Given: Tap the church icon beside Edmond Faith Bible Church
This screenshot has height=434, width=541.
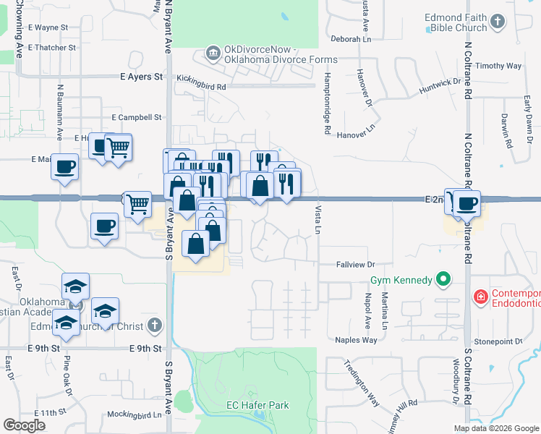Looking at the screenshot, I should pyautogui.click(x=497, y=22).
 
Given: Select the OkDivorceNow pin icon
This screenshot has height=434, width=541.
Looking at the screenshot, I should pyautogui.click(x=213, y=52).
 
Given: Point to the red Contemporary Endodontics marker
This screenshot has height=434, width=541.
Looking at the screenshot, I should pyautogui.click(x=479, y=296).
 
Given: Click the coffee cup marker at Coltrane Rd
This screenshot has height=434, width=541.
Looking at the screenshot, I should pyautogui.click(x=467, y=204).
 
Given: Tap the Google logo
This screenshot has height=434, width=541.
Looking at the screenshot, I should pyautogui.click(x=24, y=425).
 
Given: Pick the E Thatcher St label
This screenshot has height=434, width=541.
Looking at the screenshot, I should pyautogui.click(x=52, y=48).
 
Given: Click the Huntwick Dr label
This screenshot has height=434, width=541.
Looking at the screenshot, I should pyautogui.click(x=440, y=87).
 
